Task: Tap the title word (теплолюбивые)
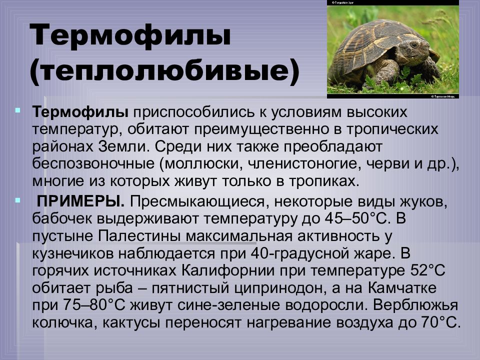click(x=165, y=72)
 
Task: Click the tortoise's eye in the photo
click(x=413, y=45)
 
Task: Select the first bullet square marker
click(x=18, y=108)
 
